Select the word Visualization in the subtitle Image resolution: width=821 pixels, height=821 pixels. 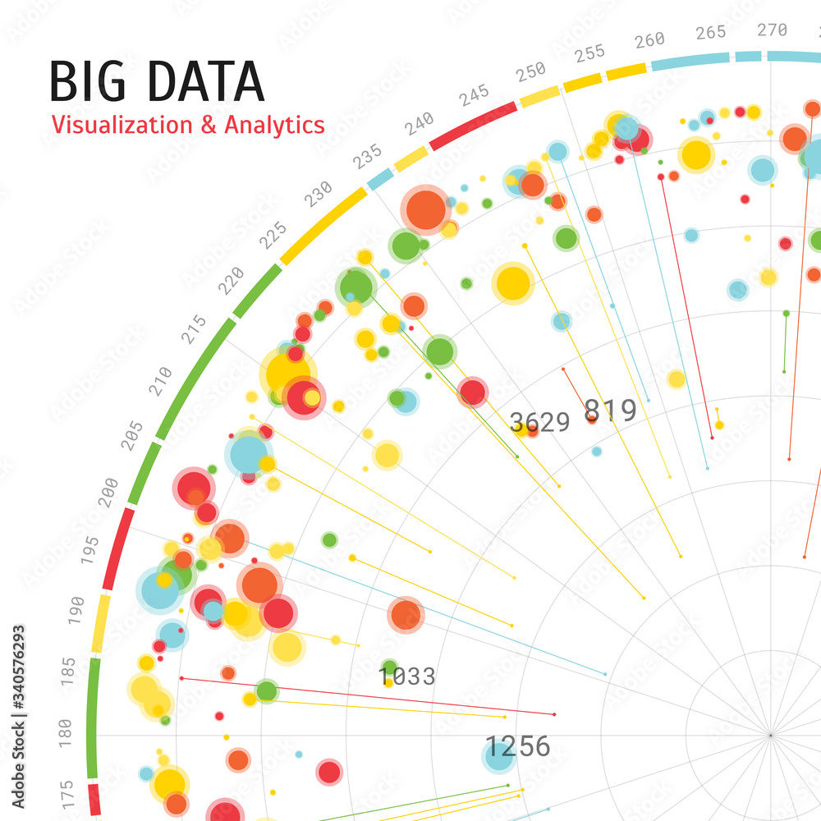pyautogui.click(x=117, y=125)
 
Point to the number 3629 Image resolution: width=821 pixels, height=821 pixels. pyautogui.click(x=539, y=422)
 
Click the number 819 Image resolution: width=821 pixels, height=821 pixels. pyautogui.click(x=610, y=410)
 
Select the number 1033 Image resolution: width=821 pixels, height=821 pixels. pyautogui.click(x=407, y=677)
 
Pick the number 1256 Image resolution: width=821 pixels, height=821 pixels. pyautogui.click(x=518, y=746)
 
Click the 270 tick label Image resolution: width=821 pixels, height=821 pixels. pyautogui.click(x=772, y=30)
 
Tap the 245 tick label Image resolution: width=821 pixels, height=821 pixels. pyautogui.click(x=475, y=96)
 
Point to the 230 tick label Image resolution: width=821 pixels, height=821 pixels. pyautogui.click(x=319, y=194)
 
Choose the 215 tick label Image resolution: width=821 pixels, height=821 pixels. pyautogui.click(x=195, y=328)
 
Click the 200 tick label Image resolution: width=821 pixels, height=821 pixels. pyautogui.click(x=108, y=491)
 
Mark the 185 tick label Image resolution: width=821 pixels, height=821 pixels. pyautogui.click(x=69, y=671)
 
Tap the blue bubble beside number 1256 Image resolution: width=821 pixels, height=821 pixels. pyautogui.click(x=498, y=757)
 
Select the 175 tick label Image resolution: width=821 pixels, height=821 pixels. pyautogui.click(x=68, y=795)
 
